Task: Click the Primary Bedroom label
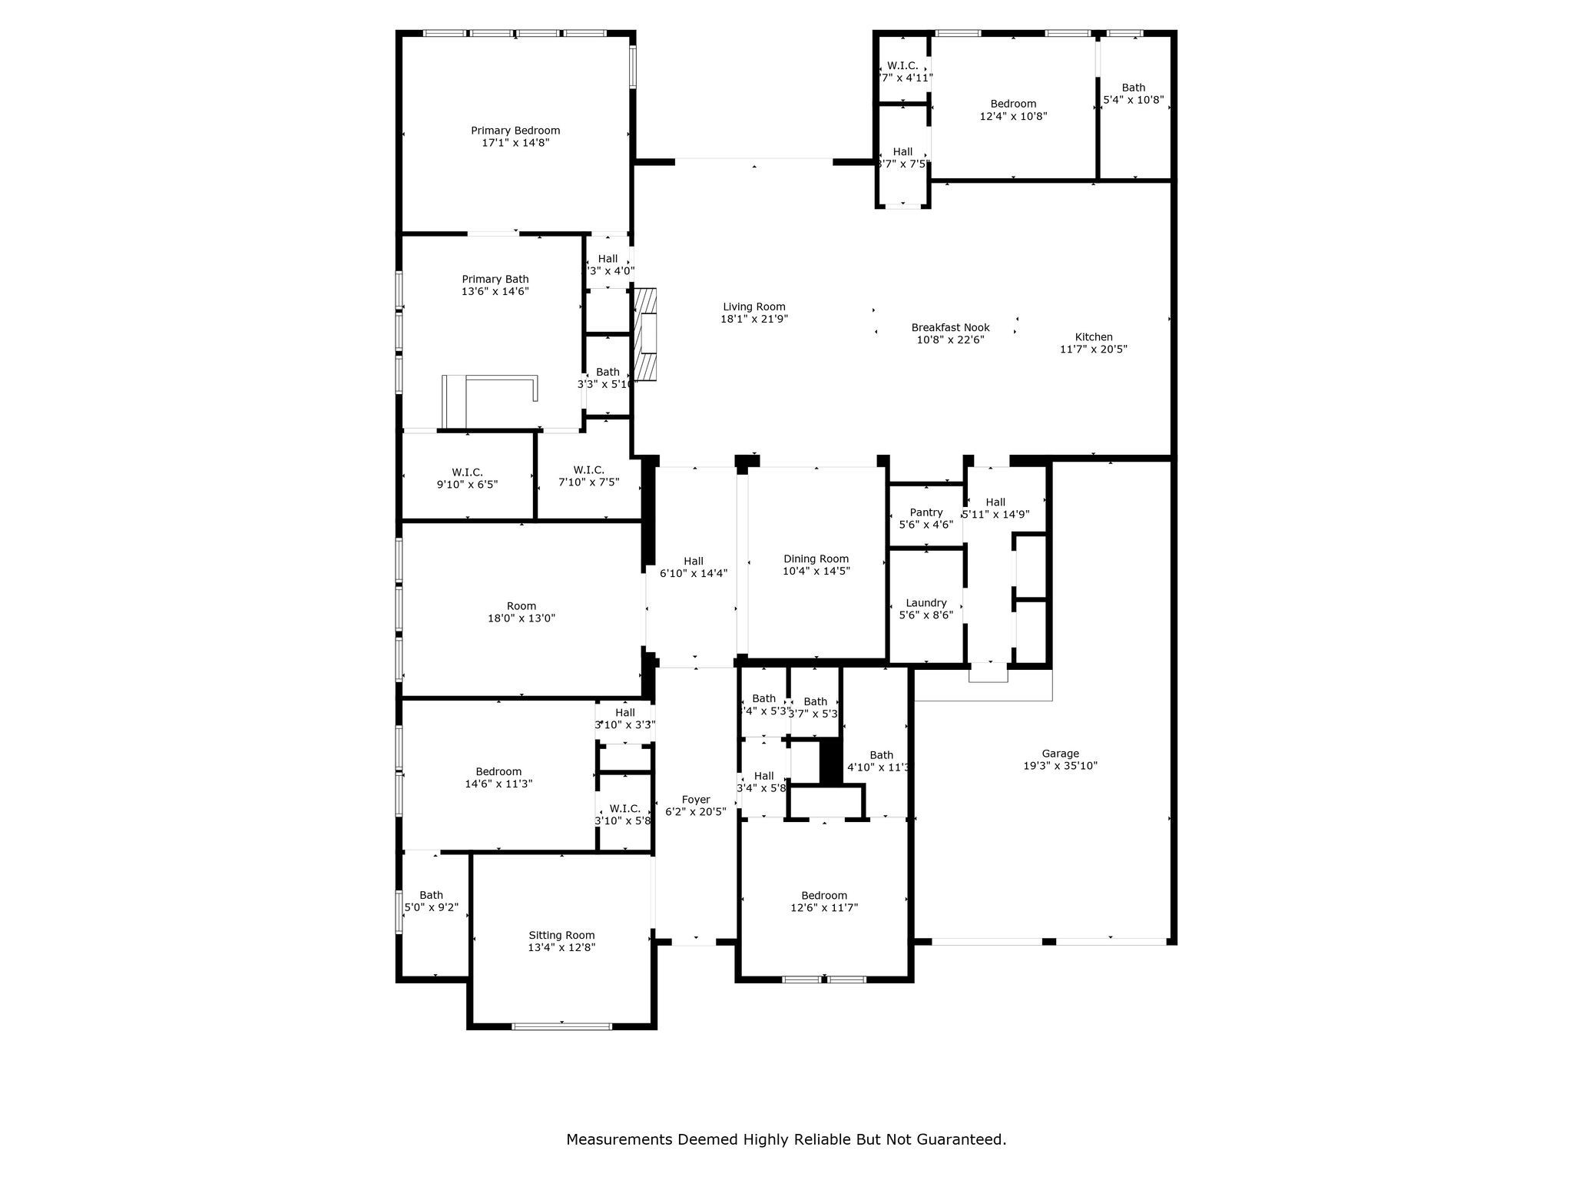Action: click(515, 131)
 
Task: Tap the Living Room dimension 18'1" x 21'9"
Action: click(754, 319)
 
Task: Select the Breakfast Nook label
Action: click(950, 327)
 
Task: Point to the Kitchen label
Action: click(1093, 336)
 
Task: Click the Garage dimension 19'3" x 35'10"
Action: click(1060, 766)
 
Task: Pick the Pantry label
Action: click(926, 512)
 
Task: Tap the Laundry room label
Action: click(926, 603)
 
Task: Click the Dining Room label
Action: click(816, 559)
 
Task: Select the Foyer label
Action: click(695, 800)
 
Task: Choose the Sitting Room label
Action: click(561, 935)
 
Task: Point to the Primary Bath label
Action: click(495, 279)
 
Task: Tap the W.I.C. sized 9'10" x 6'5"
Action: click(467, 479)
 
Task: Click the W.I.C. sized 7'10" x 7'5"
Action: click(588, 476)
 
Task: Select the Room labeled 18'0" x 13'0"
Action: click(522, 612)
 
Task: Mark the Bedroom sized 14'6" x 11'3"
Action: click(498, 777)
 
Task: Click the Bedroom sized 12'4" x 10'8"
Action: click(1013, 110)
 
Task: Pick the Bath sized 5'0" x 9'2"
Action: click(431, 900)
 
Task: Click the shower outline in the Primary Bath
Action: click(490, 399)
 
